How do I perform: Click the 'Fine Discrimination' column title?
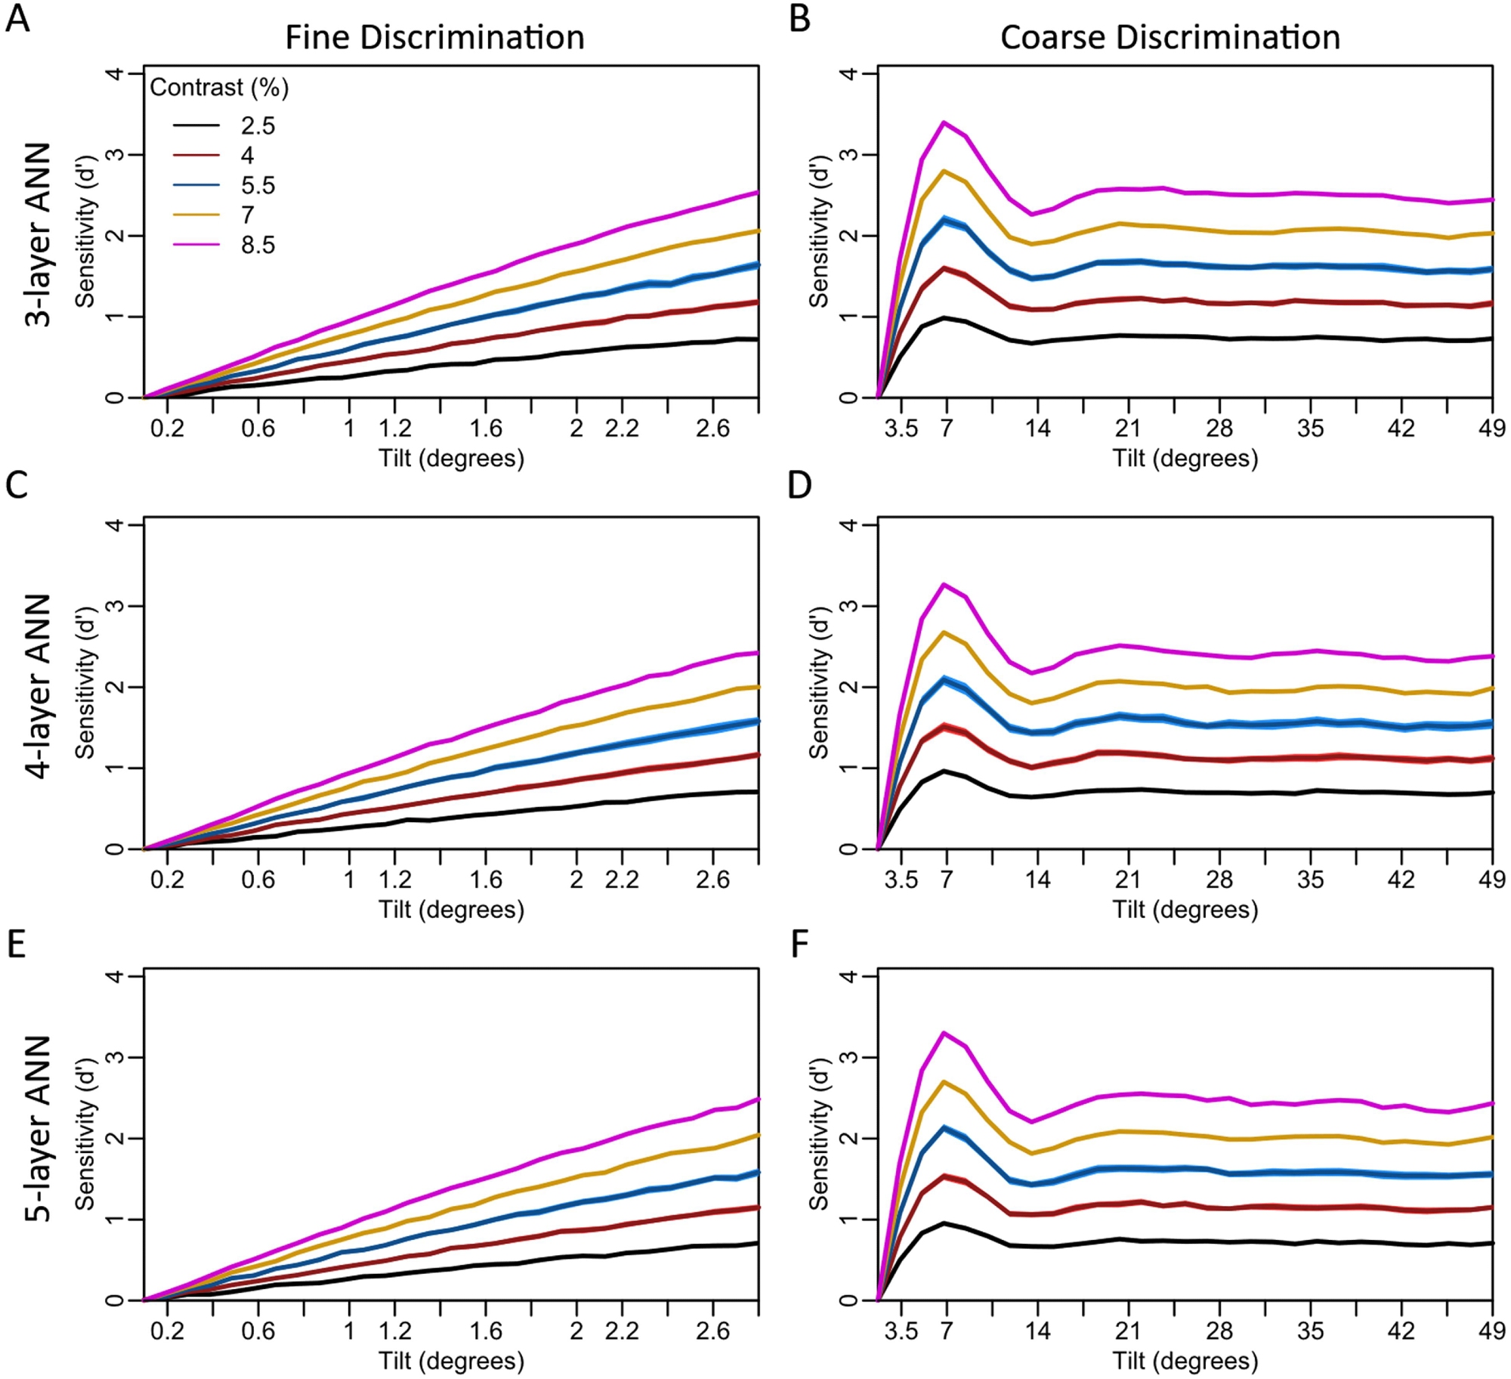coord(434,38)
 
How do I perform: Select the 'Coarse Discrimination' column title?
coord(1170,38)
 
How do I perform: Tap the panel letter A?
coord(17,18)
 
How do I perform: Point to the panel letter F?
coord(800,945)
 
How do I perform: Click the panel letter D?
coord(800,485)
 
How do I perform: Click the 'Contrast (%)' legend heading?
coord(219,88)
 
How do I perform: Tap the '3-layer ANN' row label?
coord(38,234)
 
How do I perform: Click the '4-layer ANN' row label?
coord(38,685)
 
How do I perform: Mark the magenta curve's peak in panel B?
coord(944,122)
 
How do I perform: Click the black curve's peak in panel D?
coord(944,771)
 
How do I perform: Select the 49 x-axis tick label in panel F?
coord(1491,1330)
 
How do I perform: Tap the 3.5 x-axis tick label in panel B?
coord(901,428)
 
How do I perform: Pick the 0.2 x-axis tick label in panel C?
coord(167,880)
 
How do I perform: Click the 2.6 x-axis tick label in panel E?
coord(712,1330)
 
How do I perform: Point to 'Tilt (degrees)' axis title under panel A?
coord(451,458)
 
